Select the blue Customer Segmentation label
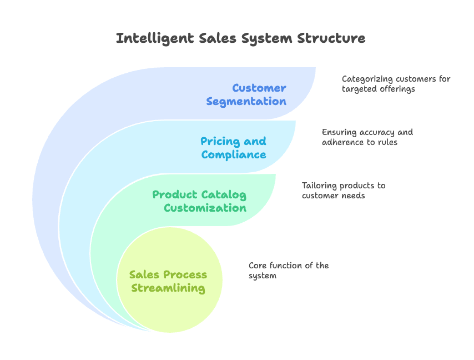[246, 94]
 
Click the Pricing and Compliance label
[233, 148]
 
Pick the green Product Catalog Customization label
[199, 201]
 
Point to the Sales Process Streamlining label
[168, 282]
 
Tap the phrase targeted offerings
[378, 89]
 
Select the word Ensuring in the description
[341, 132]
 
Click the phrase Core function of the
[289, 266]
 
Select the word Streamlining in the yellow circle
[168, 288]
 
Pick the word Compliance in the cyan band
[233, 154]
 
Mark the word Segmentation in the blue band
[246, 101]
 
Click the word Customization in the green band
[205, 208]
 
